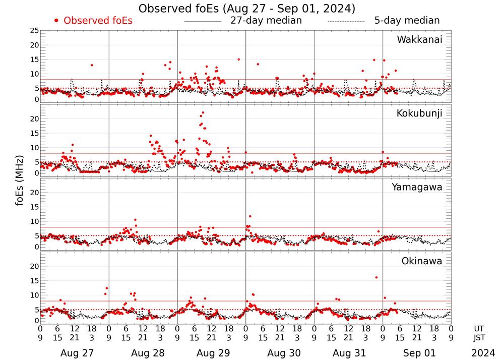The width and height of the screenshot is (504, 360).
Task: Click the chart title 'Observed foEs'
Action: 247,9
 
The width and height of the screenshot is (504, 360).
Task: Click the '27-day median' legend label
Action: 266,21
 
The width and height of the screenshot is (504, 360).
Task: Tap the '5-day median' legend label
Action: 407,21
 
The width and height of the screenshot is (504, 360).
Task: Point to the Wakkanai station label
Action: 419,40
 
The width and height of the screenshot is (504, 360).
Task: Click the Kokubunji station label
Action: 419,113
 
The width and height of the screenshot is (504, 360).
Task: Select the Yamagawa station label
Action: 417,187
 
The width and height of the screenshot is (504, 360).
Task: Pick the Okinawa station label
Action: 422,261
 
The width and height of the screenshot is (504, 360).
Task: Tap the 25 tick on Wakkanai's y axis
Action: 34,31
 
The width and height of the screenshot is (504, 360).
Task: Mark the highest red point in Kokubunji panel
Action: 203,112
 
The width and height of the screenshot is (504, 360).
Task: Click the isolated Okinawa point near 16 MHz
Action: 376,277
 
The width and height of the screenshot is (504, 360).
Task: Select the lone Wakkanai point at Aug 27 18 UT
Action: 92,65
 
